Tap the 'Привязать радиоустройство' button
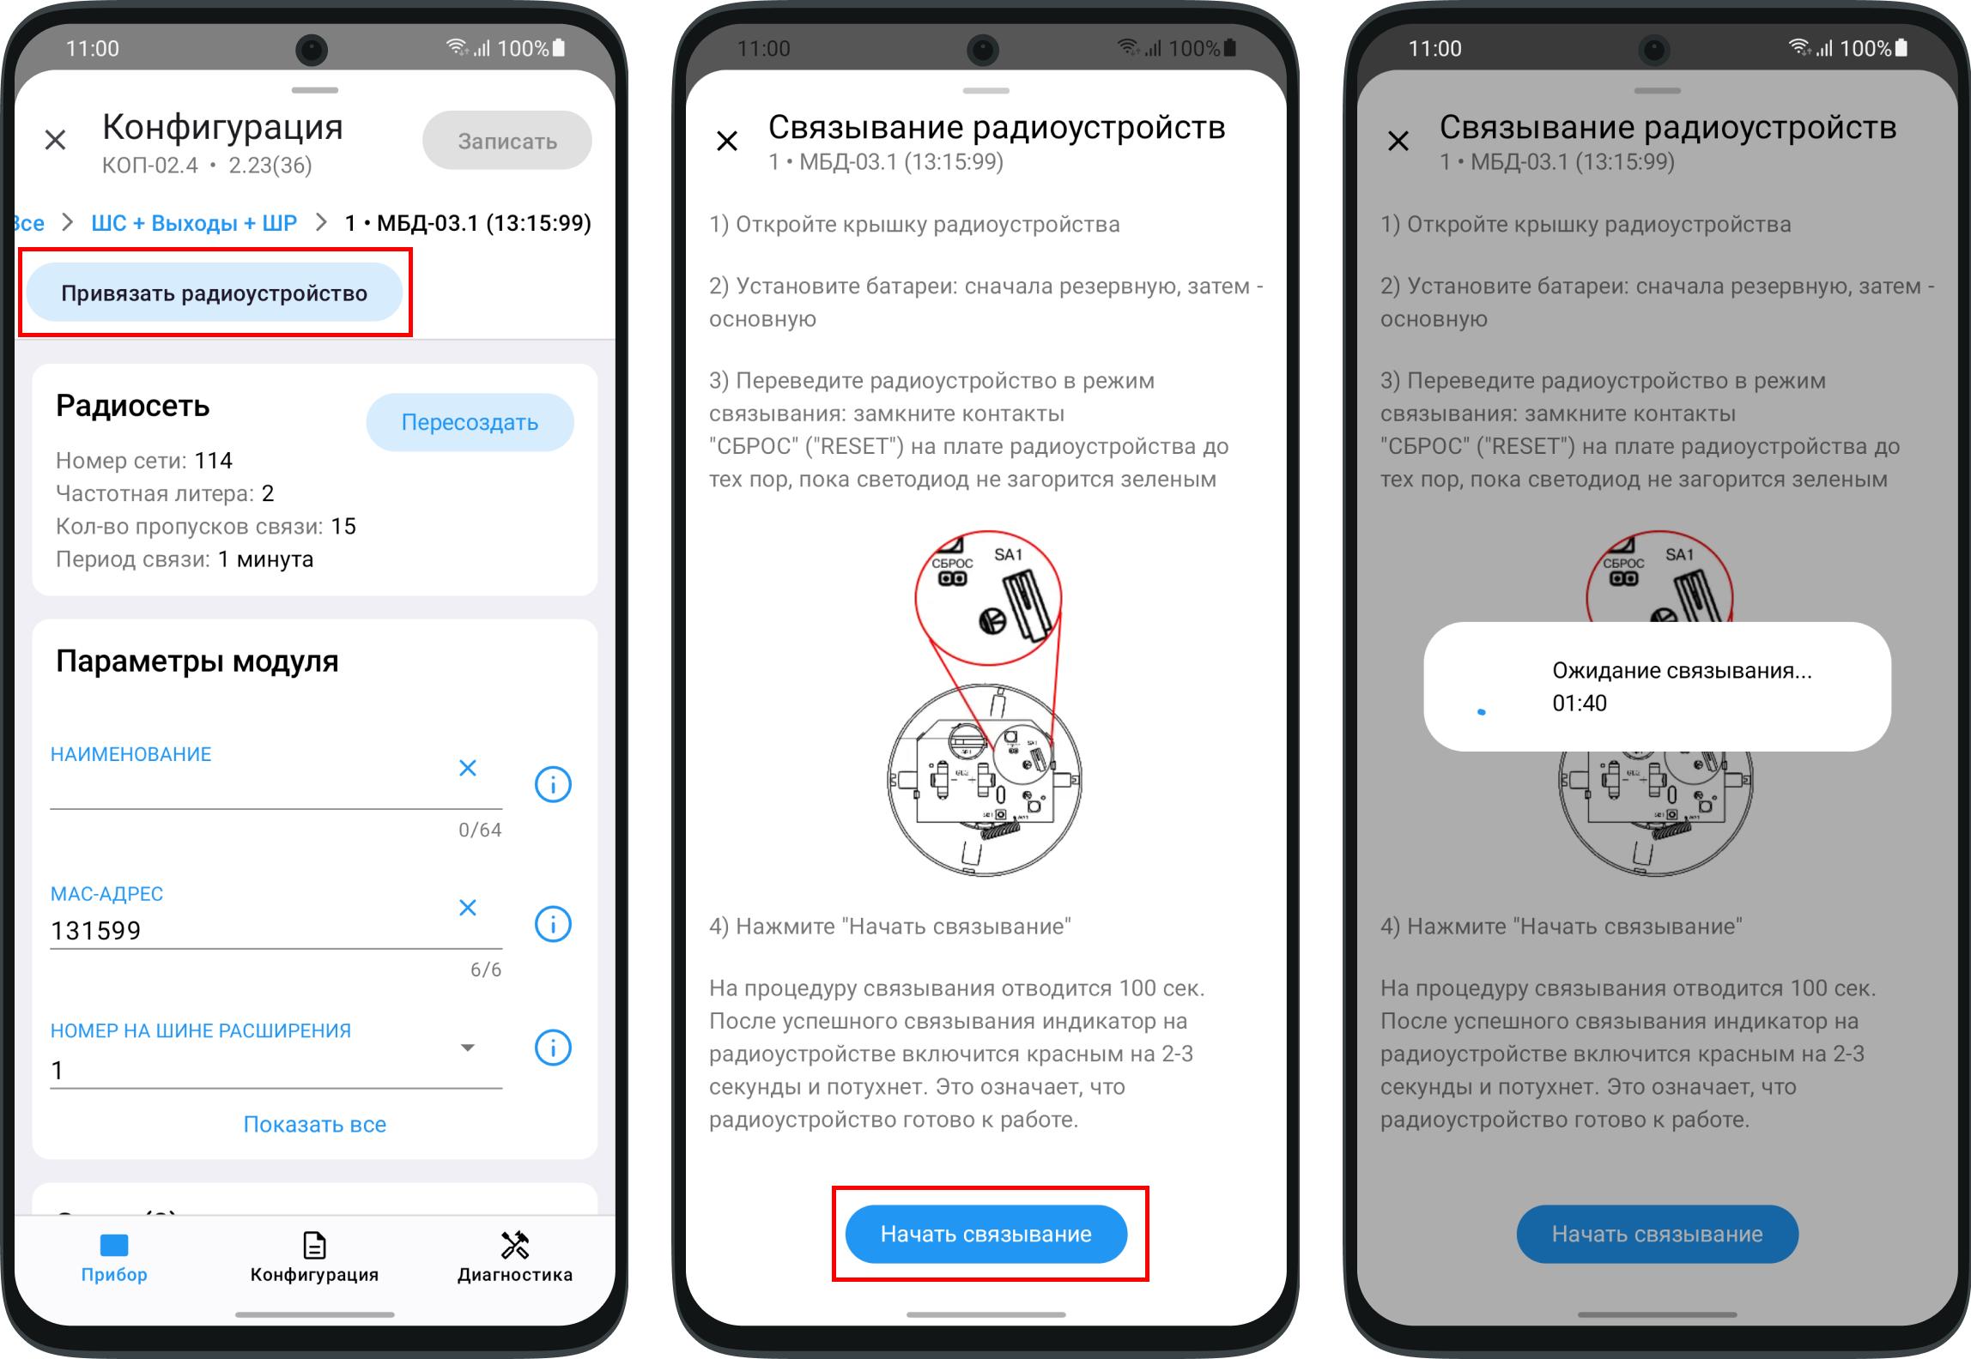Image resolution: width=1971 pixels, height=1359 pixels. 215,293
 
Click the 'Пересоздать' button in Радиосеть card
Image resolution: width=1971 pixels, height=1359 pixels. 470,422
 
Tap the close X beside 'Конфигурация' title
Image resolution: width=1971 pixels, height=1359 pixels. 56,140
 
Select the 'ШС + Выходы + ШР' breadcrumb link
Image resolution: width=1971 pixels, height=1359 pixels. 194,223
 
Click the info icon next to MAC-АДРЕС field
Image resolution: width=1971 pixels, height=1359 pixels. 553,924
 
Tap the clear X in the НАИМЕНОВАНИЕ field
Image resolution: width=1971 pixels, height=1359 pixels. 468,768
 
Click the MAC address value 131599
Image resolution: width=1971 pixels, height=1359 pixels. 95,931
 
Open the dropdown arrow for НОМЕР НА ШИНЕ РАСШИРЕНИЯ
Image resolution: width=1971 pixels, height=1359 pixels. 468,1048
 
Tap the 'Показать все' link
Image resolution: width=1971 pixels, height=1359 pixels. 315,1124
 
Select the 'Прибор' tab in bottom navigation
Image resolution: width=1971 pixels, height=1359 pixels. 114,1257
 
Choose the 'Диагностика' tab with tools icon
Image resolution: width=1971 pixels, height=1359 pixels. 515,1257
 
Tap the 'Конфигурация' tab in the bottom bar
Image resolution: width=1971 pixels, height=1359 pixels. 314,1257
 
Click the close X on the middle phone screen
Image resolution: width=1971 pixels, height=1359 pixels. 727,141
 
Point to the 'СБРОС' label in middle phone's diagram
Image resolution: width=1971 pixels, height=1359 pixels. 952,564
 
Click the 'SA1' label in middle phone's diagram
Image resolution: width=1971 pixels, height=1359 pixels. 1009,555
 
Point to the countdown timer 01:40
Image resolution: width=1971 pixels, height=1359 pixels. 1580,704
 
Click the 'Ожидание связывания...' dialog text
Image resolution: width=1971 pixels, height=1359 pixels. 1682,671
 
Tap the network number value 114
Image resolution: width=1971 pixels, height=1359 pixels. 213,461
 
